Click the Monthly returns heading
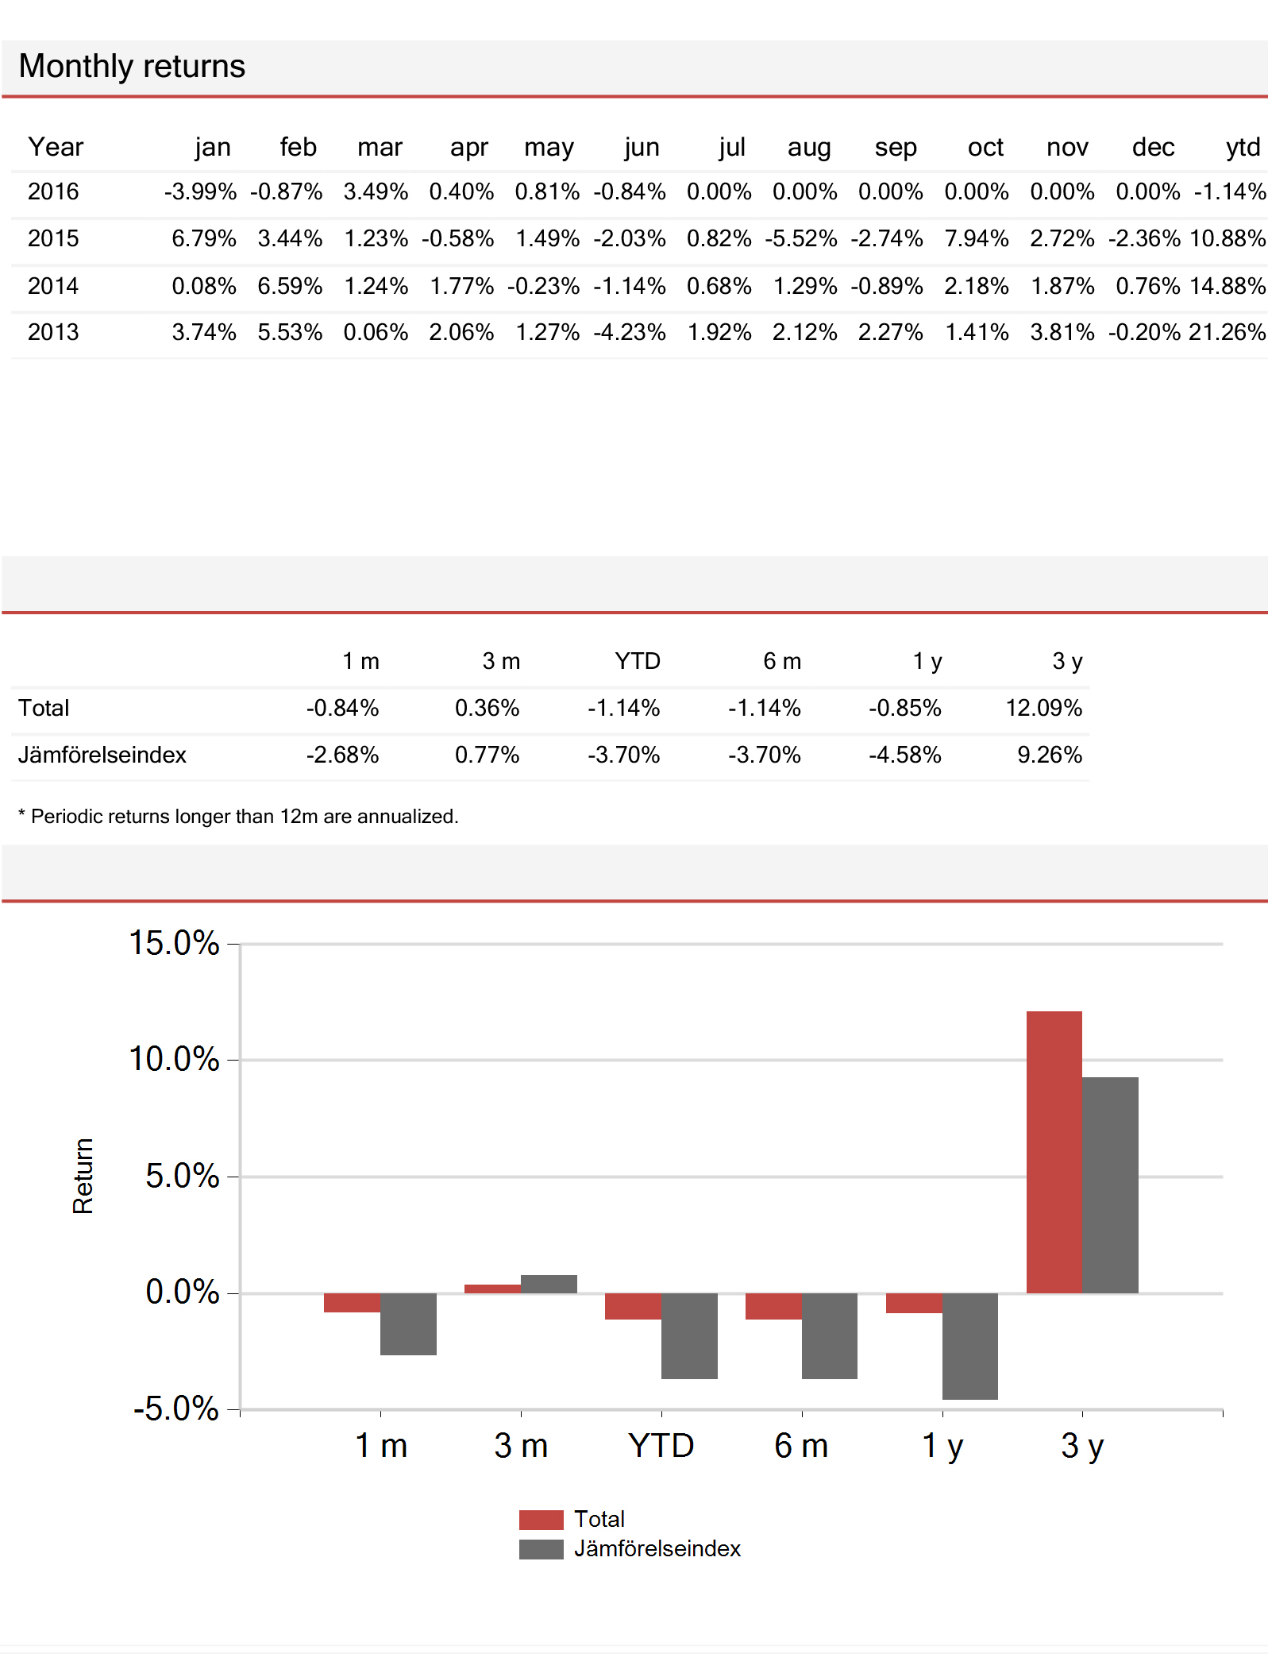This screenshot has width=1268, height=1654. pos(132,67)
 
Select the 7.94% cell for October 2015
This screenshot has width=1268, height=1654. pos(976,238)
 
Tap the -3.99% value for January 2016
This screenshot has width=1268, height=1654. pos(200,191)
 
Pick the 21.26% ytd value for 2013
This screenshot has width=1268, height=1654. pos(1227,332)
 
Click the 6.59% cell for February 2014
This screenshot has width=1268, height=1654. pos(290,286)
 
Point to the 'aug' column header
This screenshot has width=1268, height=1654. pos(809,147)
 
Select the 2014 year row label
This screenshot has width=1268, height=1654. pos(53,286)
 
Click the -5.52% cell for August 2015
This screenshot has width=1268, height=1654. pos(801,238)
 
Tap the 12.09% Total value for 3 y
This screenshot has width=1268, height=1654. pos(1043,708)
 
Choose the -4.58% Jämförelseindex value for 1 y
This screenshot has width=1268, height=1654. pos(904,755)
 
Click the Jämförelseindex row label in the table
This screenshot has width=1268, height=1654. pos(102,755)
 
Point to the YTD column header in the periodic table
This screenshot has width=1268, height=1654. pos(637,661)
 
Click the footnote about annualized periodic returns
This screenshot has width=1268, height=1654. pos(238,817)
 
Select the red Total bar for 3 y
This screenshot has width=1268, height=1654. pos(1054,1152)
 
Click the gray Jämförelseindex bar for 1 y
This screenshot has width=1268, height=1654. pos(969,1346)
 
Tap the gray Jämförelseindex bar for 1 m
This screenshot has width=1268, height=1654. pos(408,1324)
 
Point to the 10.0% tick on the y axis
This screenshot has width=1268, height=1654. pos(174,1059)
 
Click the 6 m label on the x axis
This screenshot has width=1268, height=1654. pos(801,1446)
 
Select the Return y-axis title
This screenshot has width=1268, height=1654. pos(83,1176)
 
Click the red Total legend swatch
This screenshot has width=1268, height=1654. pos(541,1519)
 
